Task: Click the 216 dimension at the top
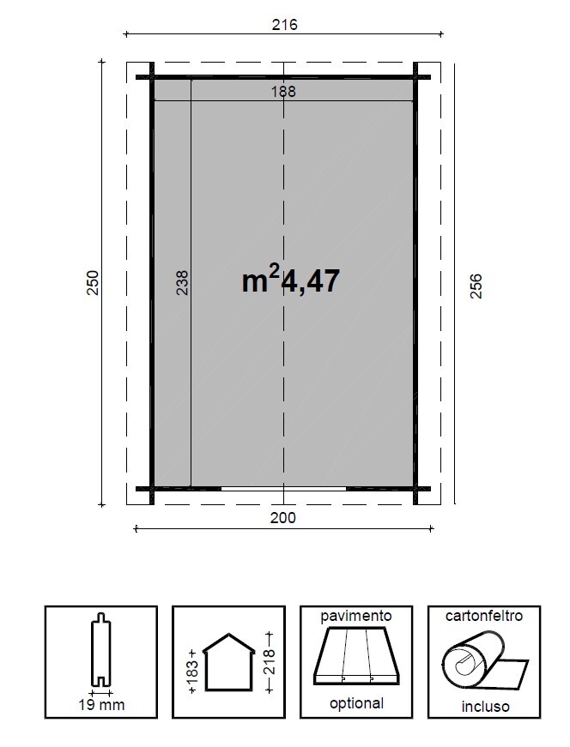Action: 284,25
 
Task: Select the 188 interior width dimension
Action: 283,91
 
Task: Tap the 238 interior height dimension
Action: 182,283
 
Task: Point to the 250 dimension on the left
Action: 94,283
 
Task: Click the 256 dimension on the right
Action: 476,286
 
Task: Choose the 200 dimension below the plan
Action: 283,517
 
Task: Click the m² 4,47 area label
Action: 291,280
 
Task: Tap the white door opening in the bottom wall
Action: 283,489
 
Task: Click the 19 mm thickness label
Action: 101,706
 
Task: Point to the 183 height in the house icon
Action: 191,665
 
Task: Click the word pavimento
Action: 355,616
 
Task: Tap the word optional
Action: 355,704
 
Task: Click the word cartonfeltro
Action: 483,616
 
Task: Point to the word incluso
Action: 483,707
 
